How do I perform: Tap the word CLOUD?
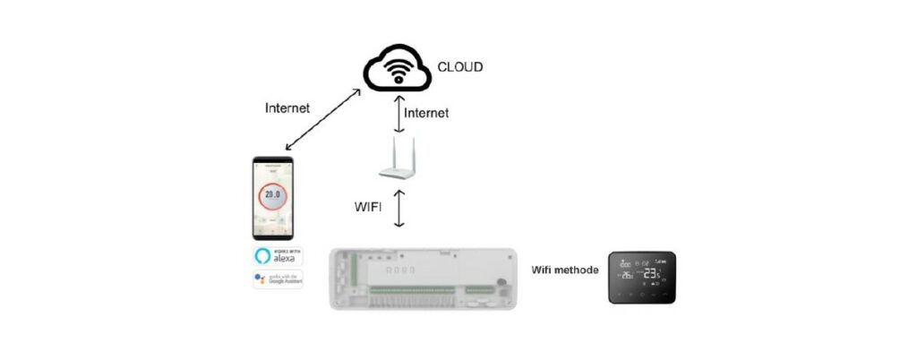pyautogui.click(x=460, y=65)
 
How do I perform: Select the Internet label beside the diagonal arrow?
pyautogui.click(x=287, y=108)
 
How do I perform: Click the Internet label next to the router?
pyautogui.click(x=425, y=113)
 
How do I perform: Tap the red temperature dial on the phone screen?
pyautogui.click(x=271, y=195)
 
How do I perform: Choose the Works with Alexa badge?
pyautogui.click(x=278, y=255)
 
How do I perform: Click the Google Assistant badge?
pyautogui.click(x=278, y=279)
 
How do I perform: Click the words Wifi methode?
pyautogui.click(x=564, y=269)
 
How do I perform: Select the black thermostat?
pyautogui.click(x=642, y=278)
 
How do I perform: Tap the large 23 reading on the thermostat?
pyautogui.click(x=651, y=274)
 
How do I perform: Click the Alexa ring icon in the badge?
pyautogui.click(x=261, y=255)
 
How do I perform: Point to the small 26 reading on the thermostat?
pyautogui.click(x=627, y=276)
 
